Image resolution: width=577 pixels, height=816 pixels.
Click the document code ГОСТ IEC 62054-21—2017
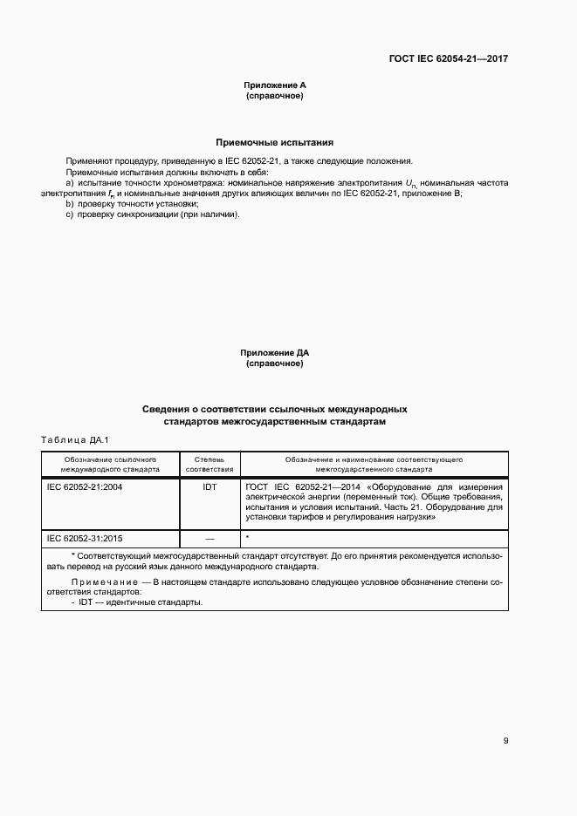pyautogui.click(x=449, y=59)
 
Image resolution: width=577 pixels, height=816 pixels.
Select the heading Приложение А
pyautogui.click(x=275, y=85)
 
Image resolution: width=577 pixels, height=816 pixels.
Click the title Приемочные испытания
pyautogui.click(x=274, y=142)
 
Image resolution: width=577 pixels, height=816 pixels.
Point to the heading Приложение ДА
pyautogui.click(x=275, y=353)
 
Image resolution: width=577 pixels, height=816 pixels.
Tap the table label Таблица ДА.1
pyautogui.click(x=73, y=439)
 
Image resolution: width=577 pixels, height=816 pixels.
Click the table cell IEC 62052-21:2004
pyautogui.click(x=85, y=486)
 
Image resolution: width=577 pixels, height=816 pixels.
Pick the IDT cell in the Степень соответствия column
pyautogui.click(x=210, y=486)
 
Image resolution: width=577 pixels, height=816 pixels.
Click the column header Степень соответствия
pyautogui.click(x=210, y=463)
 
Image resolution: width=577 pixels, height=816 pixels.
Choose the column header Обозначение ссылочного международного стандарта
pyautogui.click(x=110, y=463)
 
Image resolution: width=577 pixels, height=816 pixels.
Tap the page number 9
pyautogui.click(x=505, y=741)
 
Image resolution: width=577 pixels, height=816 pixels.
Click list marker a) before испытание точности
pyautogui.click(x=70, y=183)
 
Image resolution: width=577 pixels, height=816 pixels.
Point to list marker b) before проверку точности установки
pyautogui.click(x=70, y=203)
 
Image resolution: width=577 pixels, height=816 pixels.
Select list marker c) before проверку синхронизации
pyautogui.click(x=70, y=214)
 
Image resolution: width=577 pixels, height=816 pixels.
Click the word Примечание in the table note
pyautogui.click(x=104, y=581)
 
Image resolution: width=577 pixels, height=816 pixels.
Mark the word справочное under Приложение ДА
pyautogui.click(x=275, y=364)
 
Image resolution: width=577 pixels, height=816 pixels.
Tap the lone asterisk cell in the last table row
pyautogui.click(x=249, y=537)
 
